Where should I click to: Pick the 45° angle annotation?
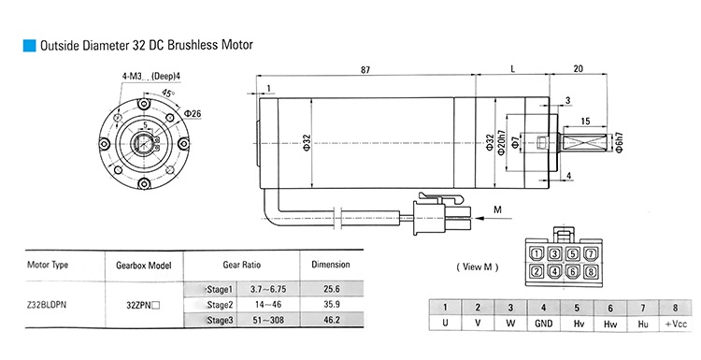tap(169, 94)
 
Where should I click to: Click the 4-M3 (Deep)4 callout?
tap(151, 76)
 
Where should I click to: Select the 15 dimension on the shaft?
tap(585, 122)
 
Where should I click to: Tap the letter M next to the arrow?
tap(498, 209)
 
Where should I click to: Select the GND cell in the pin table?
tap(544, 324)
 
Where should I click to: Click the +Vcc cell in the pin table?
tap(675, 324)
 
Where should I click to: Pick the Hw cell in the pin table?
tap(609, 324)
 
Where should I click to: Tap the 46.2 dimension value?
tap(330, 321)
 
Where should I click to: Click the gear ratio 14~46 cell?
tap(265, 305)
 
